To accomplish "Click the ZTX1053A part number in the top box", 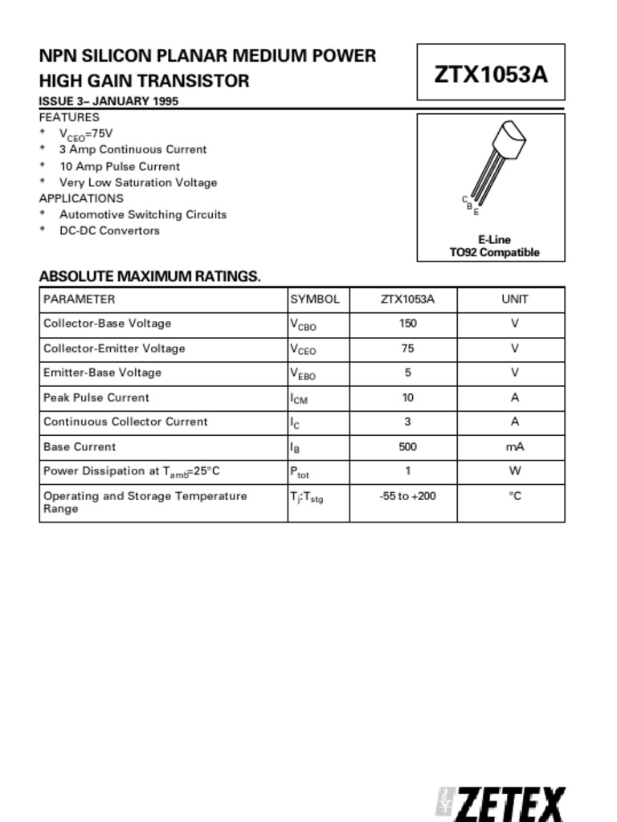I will pos(491,74).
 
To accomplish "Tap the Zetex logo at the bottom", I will pos(501,804).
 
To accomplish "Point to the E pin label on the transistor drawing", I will pos(476,212).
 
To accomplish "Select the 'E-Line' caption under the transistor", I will pos(494,239).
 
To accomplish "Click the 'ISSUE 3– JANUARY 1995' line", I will pos(108,101).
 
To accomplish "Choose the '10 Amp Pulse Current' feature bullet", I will pos(119,166).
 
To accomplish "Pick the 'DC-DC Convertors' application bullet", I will pos(109,230).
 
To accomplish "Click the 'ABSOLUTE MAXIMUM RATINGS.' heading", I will pos(149,276).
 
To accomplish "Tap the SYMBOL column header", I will pos(315,299).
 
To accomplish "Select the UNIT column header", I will pos(515,299).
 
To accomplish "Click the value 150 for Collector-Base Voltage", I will pos(407,324).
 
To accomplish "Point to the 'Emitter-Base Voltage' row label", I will pos(102,372).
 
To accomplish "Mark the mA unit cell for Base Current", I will pos(515,446).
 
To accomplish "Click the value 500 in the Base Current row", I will pos(407,446).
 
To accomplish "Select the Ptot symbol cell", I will pos(300,472).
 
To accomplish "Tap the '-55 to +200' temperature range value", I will pos(407,496).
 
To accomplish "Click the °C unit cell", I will pos(515,496).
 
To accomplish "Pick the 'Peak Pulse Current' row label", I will pos(96,397).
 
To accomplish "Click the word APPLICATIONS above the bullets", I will pos(81,198).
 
